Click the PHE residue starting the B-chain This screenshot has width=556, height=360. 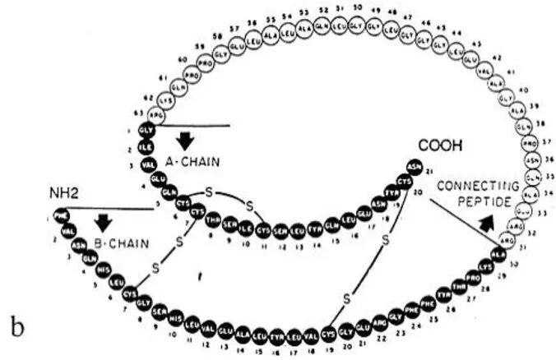tap(60, 216)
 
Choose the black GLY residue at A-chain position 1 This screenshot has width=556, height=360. tap(146, 130)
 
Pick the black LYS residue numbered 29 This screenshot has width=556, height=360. tap(485, 267)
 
